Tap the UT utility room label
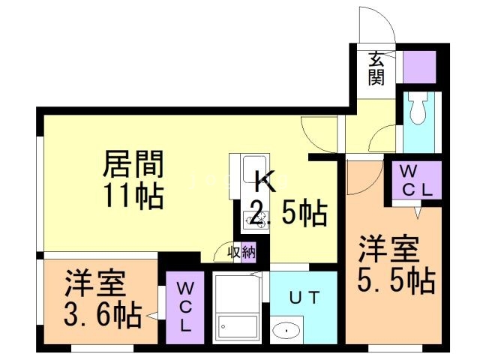[x=304, y=298]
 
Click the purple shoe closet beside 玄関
[x=419, y=67]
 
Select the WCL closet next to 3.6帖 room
[x=184, y=306]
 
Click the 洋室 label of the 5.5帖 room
[x=388, y=247]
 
